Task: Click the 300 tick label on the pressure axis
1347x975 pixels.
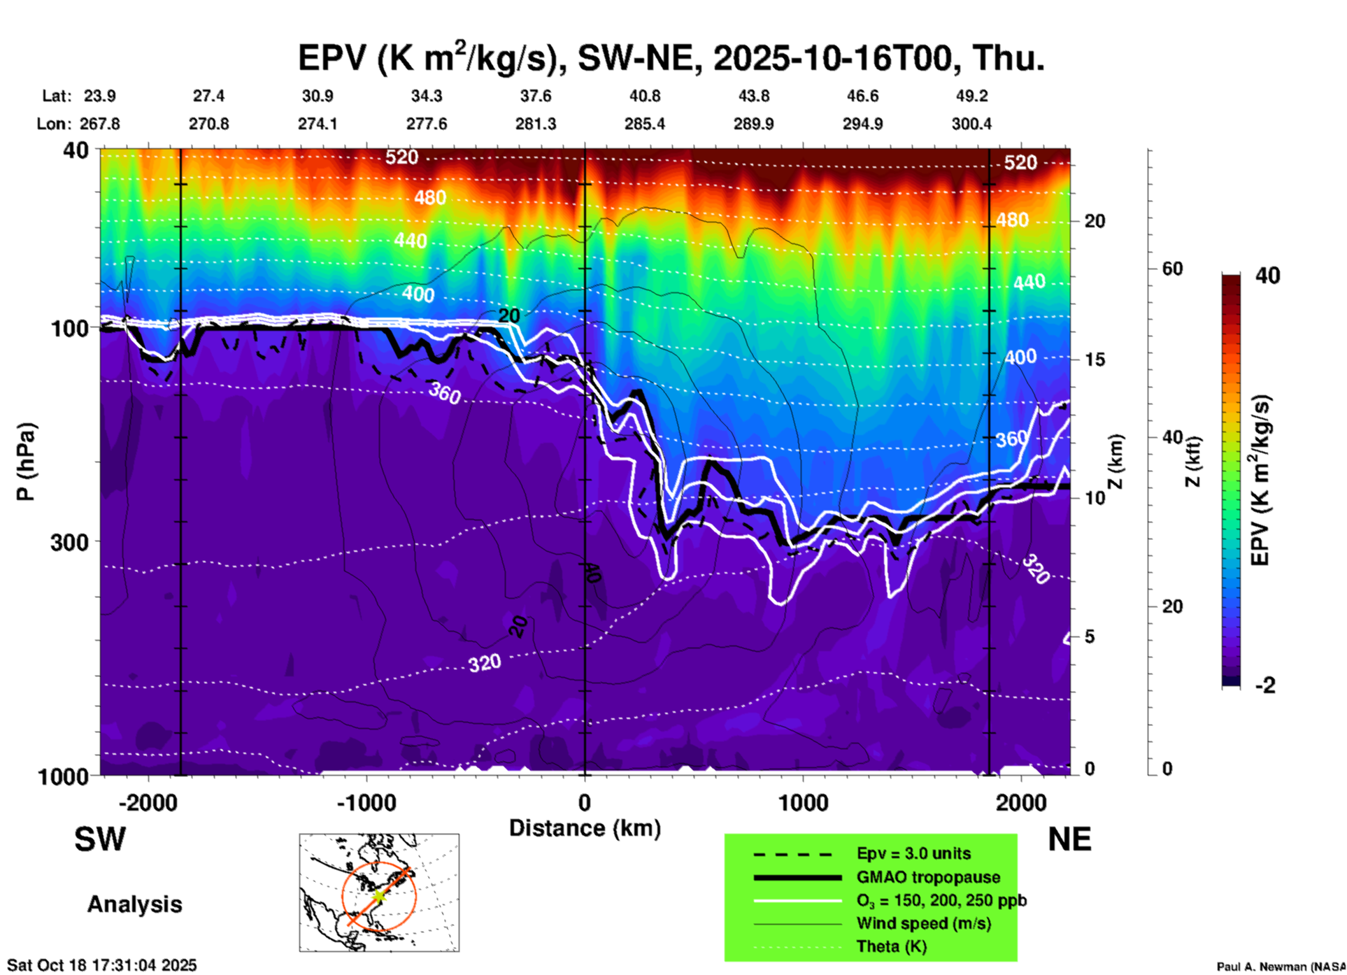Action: point(69,542)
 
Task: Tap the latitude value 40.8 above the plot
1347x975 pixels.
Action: point(644,96)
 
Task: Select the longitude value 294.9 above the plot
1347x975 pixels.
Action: point(862,124)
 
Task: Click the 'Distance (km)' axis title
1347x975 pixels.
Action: point(585,828)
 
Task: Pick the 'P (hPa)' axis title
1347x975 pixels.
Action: point(25,462)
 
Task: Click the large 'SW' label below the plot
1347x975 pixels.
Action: point(100,839)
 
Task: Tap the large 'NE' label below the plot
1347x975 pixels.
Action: point(1069,839)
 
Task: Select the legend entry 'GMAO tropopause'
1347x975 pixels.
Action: point(928,877)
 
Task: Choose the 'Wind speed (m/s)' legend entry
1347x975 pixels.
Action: point(923,923)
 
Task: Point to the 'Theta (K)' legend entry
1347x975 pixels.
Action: point(891,946)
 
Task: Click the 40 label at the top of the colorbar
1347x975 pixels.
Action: point(1267,276)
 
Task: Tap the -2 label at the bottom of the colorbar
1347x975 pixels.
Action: point(1265,685)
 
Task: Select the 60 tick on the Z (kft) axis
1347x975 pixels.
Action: point(1172,269)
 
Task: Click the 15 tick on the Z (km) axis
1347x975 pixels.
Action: point(1095,360)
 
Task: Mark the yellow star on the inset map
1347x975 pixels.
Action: point(378,895)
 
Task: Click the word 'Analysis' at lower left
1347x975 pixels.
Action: point(134,904)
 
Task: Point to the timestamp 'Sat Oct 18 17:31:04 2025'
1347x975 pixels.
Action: point(102,965)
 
